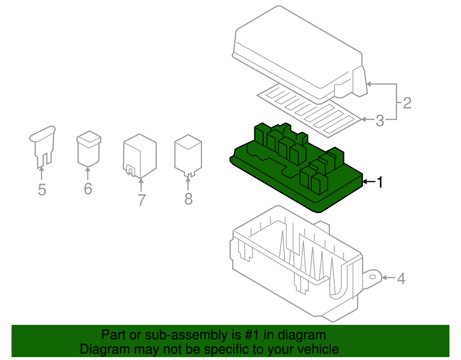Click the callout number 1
point(380,182)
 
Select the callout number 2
point(407,103)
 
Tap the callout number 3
point(379,121)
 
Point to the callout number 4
point(400,278)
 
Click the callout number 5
point(42,190)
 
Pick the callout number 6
point(87,188)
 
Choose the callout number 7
point(141,199)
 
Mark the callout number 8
point(188,198)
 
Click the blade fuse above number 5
point(43,144)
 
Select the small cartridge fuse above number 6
point(88,149)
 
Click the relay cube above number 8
point(188,154)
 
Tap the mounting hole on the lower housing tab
point(372,277)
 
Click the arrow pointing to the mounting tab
point(389,278)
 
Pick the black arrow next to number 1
point(369,182)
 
